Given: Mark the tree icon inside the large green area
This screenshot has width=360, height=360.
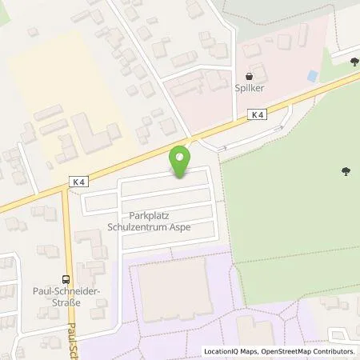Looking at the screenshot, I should pyautogui.click(x=345, y=170).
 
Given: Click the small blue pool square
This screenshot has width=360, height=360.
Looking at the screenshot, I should pyautogui.click(x=313, y=77).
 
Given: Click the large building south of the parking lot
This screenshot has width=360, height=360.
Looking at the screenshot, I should pyautogui.click(x=172, y=284).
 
